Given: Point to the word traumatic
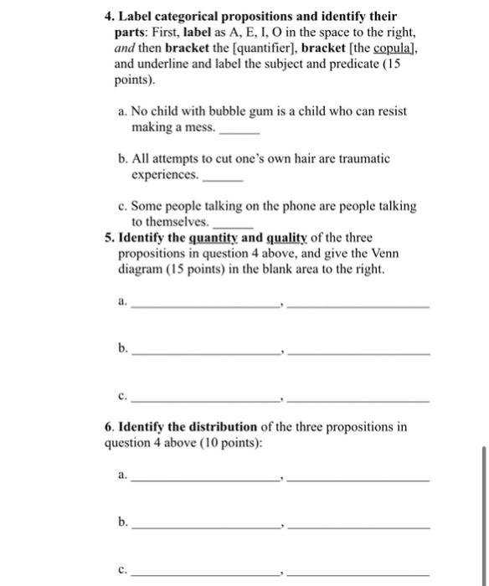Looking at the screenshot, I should click(362, 158).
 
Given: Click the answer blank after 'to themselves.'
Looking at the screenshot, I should click(234, 226).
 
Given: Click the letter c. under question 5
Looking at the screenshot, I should click(123, 399).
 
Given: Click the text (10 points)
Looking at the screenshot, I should click(230, 443).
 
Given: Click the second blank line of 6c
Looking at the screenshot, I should click(358, 573).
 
